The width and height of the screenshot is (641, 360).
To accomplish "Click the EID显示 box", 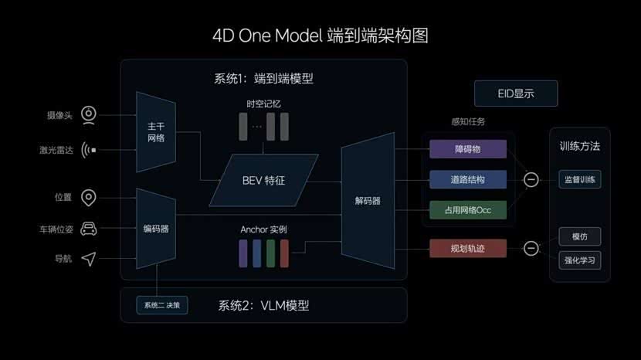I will coord(516,93).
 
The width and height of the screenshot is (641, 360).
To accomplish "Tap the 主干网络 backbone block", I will coord(155,132).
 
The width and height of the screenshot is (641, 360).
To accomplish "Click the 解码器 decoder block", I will coord(368,201).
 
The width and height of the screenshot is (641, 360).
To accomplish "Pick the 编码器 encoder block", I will coord(155,229).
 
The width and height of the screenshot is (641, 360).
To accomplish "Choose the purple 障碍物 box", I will coord(468,149).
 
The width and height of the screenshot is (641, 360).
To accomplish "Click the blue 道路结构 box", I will coord(468,179).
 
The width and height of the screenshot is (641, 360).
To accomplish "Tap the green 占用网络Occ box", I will coord(468,209).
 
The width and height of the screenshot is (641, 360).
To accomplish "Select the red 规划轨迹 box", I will coord(468,248).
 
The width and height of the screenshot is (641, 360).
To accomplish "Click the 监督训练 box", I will coord(580,179).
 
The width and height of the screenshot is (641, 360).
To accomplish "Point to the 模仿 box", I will coord(580,236).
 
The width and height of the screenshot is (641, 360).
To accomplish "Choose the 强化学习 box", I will coord(580,260).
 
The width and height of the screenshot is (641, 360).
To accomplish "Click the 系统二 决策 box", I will coord(161,305).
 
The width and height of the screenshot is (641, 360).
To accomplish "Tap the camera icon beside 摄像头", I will coord(89,116).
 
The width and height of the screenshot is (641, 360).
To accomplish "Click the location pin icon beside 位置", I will coord(89,198).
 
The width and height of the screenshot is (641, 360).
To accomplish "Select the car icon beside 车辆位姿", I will coord(89,229).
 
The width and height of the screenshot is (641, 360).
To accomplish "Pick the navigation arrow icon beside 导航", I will coord(89,259).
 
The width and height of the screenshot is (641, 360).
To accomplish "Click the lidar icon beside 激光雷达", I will coord(89,150).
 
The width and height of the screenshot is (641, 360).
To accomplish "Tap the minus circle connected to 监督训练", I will coord(531,179).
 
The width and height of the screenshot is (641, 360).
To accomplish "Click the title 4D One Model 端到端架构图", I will coord(320,36).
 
